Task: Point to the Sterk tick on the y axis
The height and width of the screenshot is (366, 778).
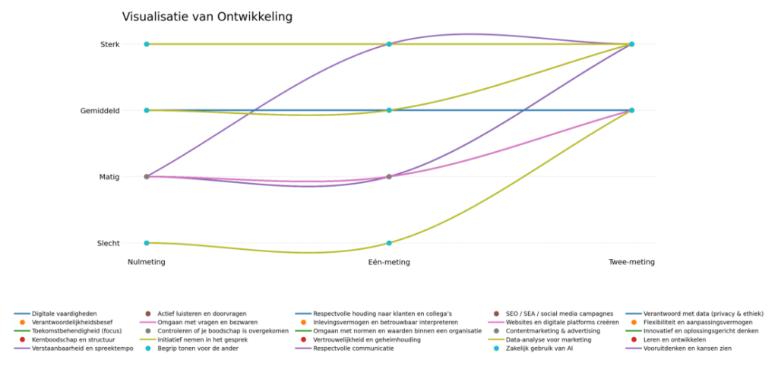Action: [x=109, y=44]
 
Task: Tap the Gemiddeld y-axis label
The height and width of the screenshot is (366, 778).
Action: [x=100, y=110]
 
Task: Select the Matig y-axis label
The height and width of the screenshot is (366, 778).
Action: [x=109, y=177]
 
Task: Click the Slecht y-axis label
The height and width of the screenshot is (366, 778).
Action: [x=108, y=243]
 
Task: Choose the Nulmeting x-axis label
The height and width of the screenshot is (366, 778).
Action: [x=147, y=262]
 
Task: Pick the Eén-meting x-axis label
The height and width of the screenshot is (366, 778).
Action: [x=389, y=262]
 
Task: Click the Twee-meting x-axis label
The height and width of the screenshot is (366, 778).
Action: [x=631, y=262]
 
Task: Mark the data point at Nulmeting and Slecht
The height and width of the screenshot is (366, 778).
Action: [x=147, y=243]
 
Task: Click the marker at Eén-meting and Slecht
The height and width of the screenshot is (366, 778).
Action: [x=389, y=243]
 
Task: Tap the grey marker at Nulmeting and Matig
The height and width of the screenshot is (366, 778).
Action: [x=147, y=177]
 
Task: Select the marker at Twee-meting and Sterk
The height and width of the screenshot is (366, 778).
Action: [x=631, y=44]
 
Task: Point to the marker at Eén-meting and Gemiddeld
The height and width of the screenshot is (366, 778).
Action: [x=389, y=110]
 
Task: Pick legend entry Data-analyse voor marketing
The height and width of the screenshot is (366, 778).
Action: [x=549, y=339]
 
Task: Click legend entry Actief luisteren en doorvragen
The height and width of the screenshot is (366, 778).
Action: [x=201, y=314]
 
